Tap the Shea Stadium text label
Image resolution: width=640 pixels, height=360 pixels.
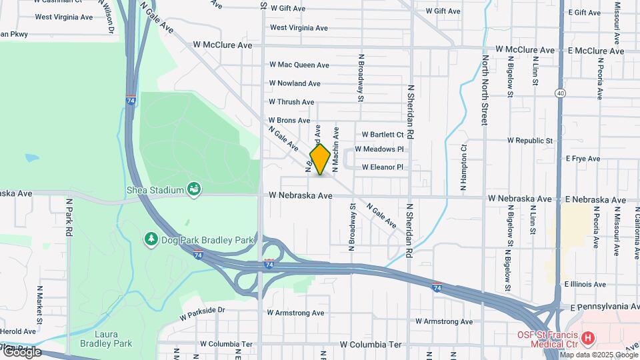[x=155, y=190]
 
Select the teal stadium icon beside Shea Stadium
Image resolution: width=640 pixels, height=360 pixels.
[x=193, y=190]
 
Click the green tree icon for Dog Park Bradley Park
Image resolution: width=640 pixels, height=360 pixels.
[x=151, y=239]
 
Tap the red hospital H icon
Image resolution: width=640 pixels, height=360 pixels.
[x=588, y=339]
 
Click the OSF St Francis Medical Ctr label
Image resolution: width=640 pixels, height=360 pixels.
[x=546, y=339]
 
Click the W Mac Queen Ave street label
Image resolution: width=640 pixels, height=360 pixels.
[x=299, y=65]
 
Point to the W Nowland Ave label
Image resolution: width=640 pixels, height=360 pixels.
[x=295, y=83]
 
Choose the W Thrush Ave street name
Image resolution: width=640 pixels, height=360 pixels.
[x=291, y=102]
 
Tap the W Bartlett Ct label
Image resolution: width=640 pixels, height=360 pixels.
[x=383, y=134]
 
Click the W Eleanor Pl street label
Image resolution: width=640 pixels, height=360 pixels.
[x=383, y=167]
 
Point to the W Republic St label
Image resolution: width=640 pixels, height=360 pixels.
[x=530, y=141]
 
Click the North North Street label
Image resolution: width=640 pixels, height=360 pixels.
[x=485, y=91]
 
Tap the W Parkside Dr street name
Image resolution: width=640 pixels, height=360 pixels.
[x=203, y=310]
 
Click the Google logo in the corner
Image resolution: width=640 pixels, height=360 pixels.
[x=22, y=352]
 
